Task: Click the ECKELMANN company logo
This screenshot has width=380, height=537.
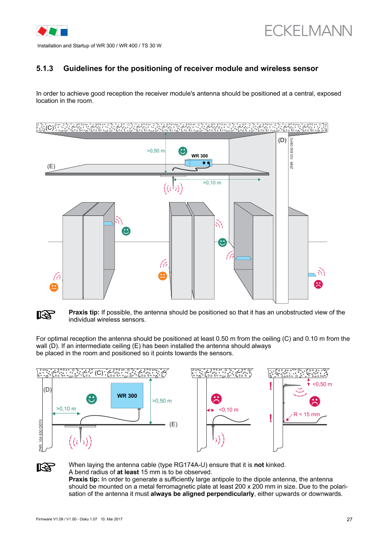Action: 308,30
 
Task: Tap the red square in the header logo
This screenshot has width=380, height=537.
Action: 42,31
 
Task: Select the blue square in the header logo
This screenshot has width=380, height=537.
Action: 64,32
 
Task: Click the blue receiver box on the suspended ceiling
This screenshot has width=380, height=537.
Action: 199,162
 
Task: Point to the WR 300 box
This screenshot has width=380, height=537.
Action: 127,395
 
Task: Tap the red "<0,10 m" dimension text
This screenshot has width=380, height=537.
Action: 228,410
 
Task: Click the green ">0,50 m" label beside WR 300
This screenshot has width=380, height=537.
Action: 162,401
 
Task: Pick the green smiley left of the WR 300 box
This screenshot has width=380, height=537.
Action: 92,399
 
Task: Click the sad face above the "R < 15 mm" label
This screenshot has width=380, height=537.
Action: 315,401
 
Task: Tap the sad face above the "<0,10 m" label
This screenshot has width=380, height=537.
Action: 216,398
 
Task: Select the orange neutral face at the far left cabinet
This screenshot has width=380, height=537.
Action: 54,287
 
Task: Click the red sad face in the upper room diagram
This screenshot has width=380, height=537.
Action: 318,284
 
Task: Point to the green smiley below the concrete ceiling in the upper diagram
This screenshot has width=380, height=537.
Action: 183,151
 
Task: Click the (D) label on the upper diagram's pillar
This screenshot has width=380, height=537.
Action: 282,140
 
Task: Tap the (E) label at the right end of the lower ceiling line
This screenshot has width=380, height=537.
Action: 173,424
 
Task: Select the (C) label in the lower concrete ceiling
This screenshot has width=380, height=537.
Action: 99,373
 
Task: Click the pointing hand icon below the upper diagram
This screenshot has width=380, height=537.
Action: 46,315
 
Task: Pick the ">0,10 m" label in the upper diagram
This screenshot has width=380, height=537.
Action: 212,183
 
